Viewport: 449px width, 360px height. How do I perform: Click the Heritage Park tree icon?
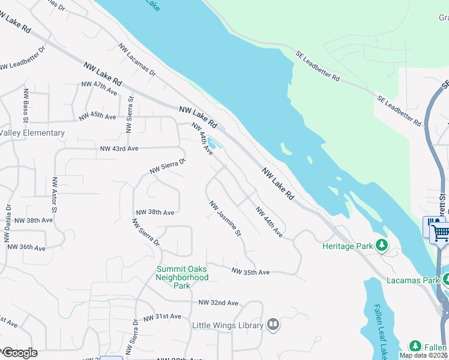tap(381, 245)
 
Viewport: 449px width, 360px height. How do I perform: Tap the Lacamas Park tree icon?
tap(446, 280)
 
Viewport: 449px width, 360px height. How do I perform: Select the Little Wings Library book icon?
tap(273, 325)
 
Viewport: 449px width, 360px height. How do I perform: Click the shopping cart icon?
tap(441, 231)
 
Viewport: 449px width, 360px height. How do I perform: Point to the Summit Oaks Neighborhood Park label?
tap(182, 277)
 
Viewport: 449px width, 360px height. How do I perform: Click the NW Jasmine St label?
tap(225, 218)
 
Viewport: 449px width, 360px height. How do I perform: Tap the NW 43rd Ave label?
tap(119, 148)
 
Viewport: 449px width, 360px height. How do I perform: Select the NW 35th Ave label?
tap(251, 272)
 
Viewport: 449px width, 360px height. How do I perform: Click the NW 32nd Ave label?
tap(219, 302)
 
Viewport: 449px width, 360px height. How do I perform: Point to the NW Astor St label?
tap(55, 195)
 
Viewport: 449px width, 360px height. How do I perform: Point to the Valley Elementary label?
tap(32, 133)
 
